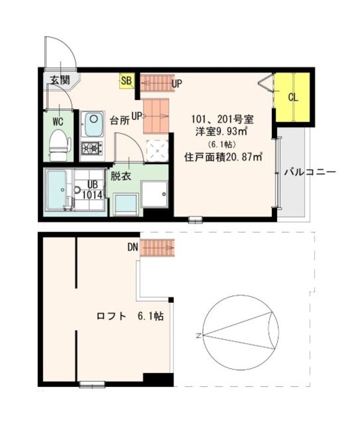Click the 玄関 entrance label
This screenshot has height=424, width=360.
58,80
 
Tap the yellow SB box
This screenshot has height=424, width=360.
127,80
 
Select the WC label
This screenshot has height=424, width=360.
58,121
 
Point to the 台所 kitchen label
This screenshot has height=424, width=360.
119,119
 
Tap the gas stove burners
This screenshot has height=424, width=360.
92,148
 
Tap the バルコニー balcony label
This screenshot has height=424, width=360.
310,173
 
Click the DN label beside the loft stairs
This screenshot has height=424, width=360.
133,246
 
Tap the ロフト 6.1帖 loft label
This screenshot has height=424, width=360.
131,317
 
